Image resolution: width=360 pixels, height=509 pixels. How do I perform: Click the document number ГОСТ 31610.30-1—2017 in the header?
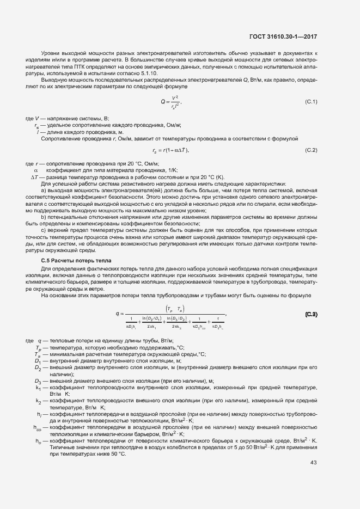click(x=283, y=37)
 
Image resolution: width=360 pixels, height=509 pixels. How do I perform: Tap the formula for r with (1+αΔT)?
click(x=170, y=150)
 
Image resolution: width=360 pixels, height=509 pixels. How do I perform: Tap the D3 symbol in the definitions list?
click(x=38, y=381)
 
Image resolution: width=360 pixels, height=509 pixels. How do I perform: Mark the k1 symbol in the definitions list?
click(x=38, y=388)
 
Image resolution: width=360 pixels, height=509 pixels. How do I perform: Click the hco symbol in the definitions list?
click(x=37, y=428)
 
